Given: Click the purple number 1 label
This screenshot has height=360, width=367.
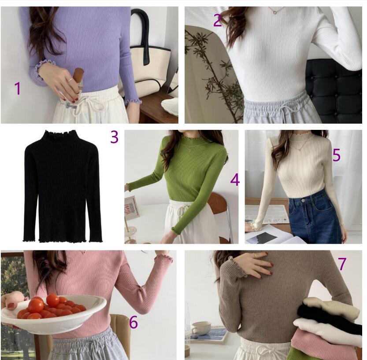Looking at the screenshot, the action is (x=18, y=88).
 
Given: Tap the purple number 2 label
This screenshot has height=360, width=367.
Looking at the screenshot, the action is (x=218, y=20).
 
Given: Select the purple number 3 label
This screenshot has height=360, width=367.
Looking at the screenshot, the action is (x=114, y=137).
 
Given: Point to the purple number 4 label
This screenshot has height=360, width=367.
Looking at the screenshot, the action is (x=235, y=180).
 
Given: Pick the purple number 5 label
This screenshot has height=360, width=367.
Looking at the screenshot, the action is (x=337, y=155).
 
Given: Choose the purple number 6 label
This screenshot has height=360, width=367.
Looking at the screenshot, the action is (x=133, y=322).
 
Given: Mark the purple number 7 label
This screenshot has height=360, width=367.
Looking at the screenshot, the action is (x=342, y=264).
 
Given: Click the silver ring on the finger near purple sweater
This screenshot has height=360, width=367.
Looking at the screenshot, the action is (x=70, y=80).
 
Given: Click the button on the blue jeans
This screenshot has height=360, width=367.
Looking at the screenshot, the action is (x=304, y=200).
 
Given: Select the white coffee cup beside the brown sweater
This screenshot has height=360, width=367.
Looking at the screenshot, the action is (x=201, y=328).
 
